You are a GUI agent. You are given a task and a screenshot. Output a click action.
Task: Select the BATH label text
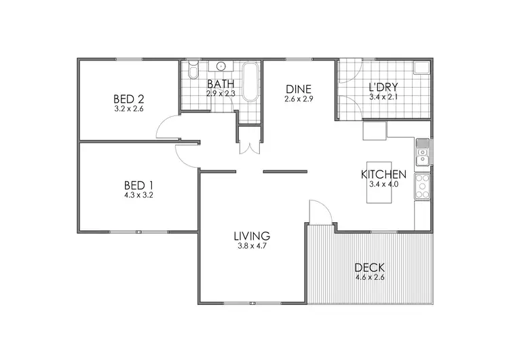[221, 84]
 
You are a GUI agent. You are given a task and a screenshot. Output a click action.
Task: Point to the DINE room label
[299, 89]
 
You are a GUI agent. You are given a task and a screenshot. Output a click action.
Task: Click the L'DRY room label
[383, 88]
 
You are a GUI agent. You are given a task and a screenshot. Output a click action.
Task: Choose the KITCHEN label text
[383, 174]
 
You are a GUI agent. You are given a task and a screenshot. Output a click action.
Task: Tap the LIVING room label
[252, 236]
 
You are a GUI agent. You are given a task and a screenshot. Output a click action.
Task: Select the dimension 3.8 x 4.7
[252, 247]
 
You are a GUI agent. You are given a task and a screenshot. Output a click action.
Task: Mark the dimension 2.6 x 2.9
[299, 99]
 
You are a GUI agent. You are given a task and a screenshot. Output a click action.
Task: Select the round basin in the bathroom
[221, 66]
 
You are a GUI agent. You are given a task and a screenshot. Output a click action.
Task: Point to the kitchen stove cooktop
[422, 185]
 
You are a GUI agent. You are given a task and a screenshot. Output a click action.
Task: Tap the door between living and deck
[319, 213]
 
